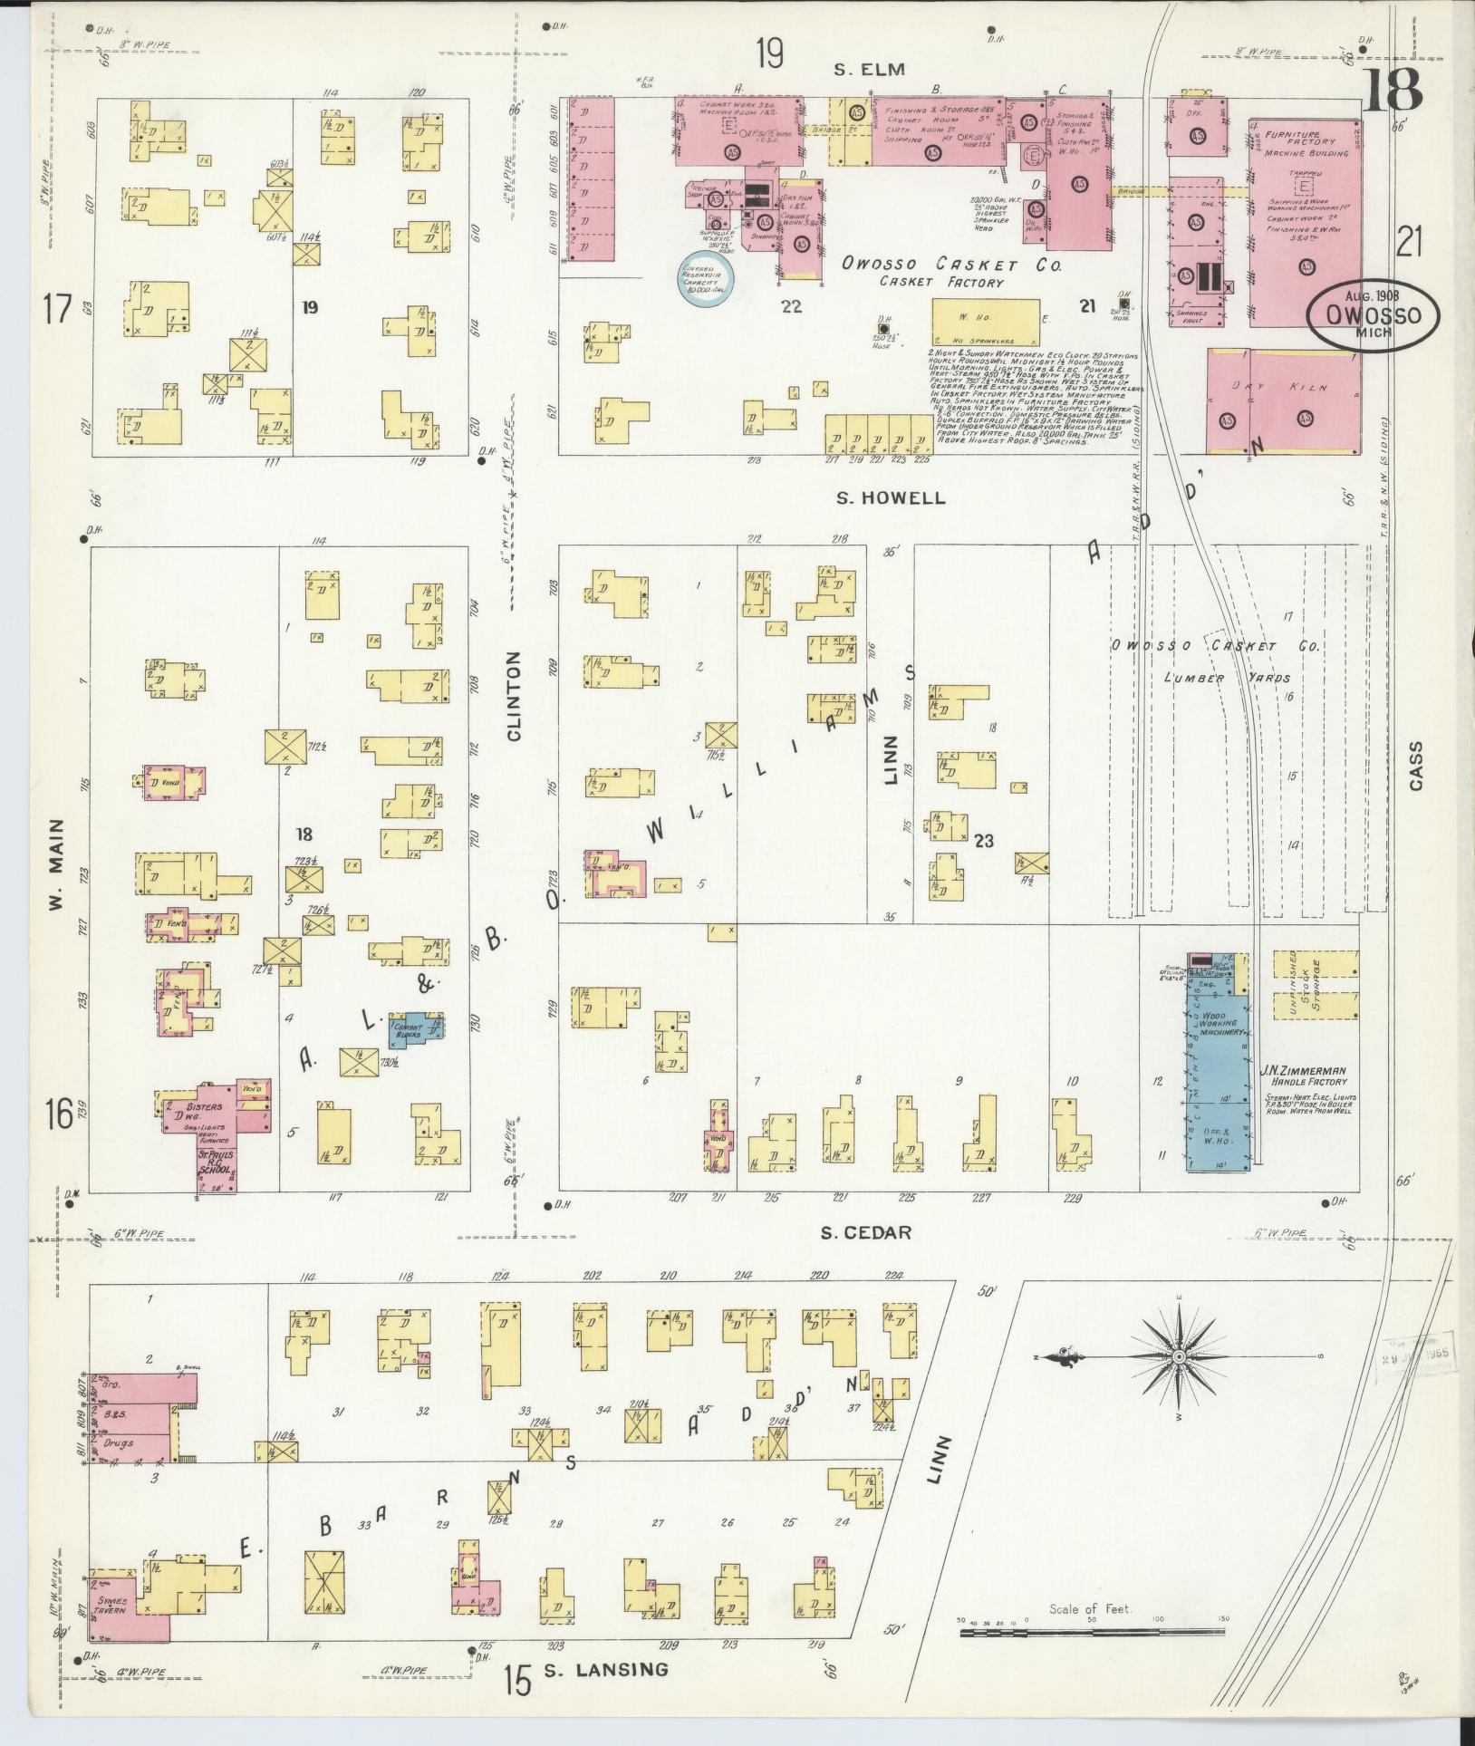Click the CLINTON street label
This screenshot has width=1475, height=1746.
pyautogui.click(x=516, y=697)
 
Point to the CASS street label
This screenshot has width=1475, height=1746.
pyautogui.click(x=1415, y=766)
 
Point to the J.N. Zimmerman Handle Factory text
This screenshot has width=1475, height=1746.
pyautogui.click(x=1309, y=1076)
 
